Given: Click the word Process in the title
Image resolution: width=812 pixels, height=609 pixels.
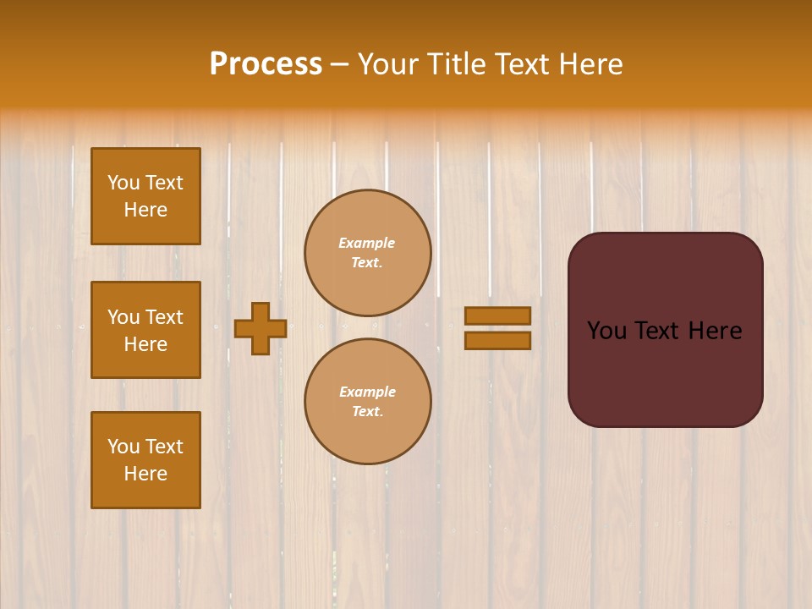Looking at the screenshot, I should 266,64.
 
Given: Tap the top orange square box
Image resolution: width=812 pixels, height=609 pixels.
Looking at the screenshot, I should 145,196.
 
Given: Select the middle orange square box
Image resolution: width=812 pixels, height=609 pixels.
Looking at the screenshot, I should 145,330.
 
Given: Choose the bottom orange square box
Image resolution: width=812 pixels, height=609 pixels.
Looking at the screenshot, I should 145,460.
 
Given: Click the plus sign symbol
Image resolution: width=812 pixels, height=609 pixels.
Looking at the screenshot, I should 260,328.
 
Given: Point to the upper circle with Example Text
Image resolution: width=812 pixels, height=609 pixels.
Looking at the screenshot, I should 368,253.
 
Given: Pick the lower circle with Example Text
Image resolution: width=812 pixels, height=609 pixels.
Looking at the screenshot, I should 368,401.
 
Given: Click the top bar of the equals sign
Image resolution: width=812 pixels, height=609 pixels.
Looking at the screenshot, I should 497,315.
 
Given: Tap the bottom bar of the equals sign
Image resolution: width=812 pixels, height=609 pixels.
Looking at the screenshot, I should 497,340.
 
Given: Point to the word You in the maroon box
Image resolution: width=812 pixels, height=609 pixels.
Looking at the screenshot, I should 606,331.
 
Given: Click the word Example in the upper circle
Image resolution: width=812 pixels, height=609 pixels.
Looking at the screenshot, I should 367,243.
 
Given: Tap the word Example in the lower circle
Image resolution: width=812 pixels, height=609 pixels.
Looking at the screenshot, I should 367,392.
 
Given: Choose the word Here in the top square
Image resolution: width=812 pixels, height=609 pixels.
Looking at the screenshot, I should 145,210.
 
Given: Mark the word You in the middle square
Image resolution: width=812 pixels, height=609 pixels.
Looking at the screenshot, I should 124,317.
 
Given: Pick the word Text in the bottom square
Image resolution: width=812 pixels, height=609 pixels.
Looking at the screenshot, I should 164,447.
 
